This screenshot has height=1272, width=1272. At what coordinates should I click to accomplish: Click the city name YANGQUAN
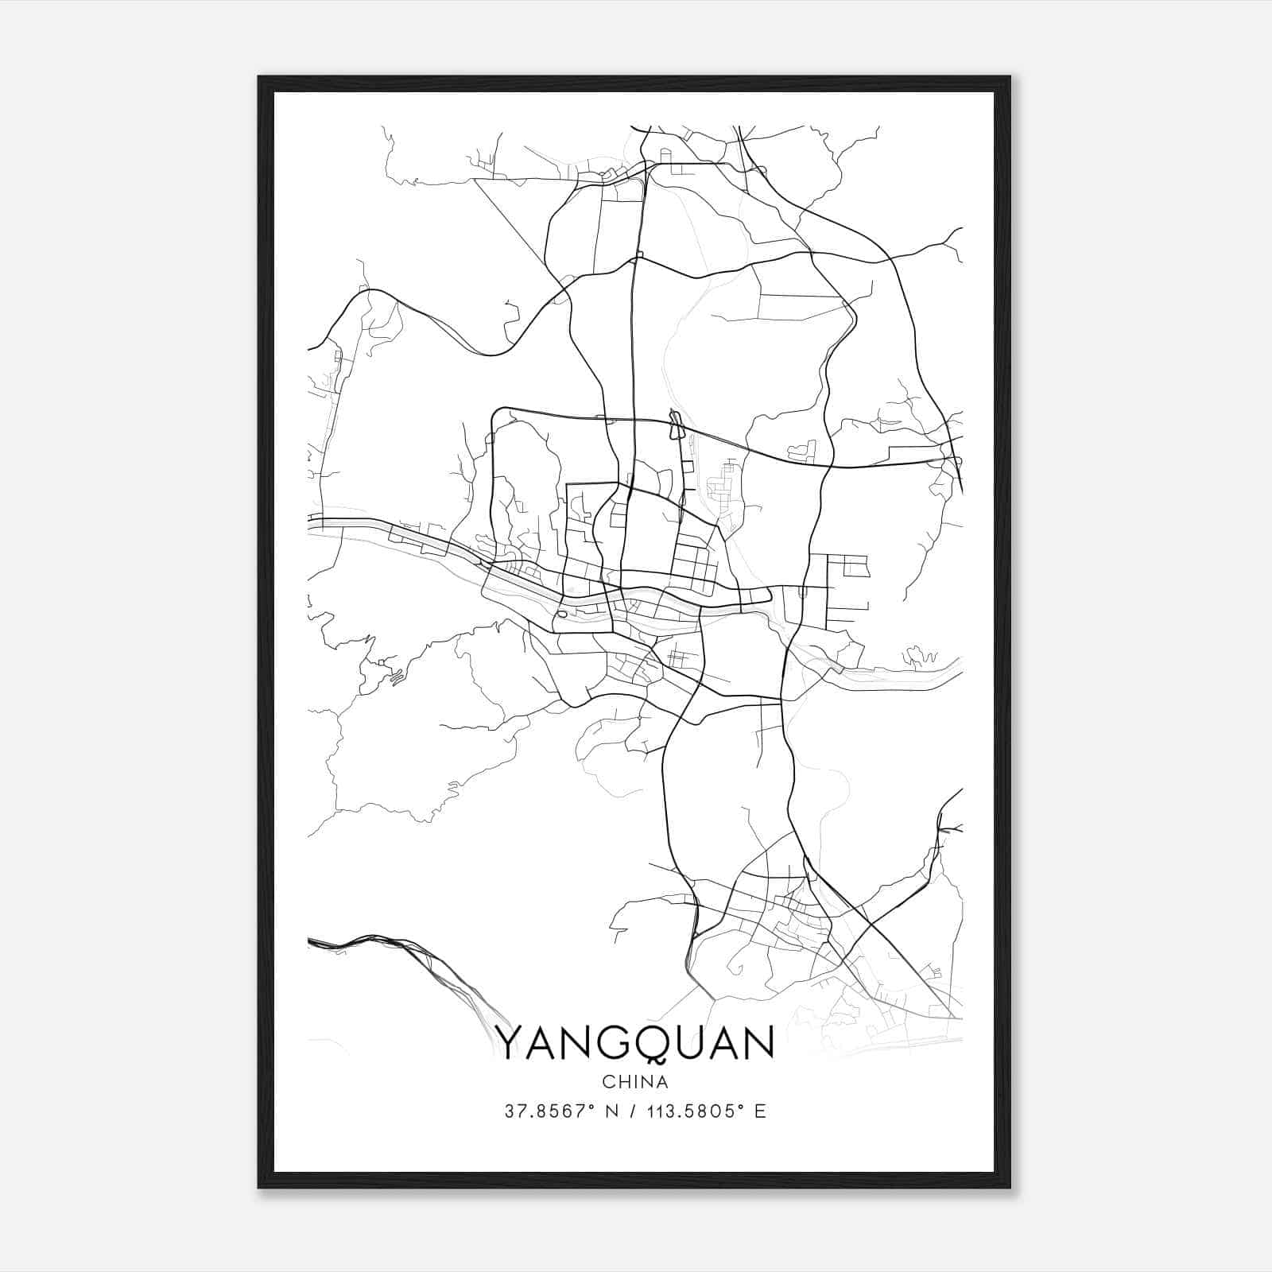point(635,1043)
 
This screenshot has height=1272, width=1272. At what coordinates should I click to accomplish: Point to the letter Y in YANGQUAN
point(510,1043)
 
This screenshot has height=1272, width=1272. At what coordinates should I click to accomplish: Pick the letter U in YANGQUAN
point(689,1043)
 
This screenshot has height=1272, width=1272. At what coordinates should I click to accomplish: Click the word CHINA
point(635,1082)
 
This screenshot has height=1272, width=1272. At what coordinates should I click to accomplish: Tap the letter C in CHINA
point(608,1082)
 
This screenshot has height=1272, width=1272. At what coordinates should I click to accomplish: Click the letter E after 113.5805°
point(761,1111)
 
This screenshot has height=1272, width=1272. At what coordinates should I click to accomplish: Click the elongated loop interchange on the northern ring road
point(677,425)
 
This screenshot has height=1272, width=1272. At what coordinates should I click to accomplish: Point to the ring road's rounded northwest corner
point(497,413)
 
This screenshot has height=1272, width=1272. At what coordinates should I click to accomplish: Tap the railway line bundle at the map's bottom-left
point(374,942)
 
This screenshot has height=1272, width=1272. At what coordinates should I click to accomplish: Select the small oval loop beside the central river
point(563,613)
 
